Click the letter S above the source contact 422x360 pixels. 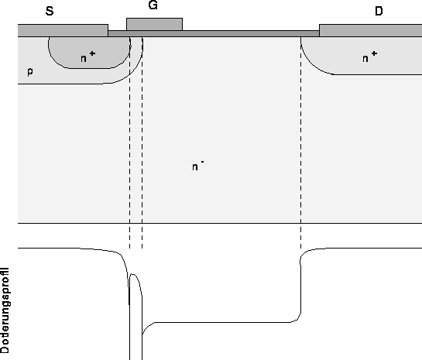tap(50, 12)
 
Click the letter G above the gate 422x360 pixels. tap(153, 5)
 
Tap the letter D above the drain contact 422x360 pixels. tap(379, 12)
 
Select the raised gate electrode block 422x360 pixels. tap(155, 24)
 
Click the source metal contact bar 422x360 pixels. tap(63, 30)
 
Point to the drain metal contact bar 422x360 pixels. tap(371, 30)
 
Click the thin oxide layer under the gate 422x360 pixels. tap(214, 33)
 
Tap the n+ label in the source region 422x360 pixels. tap(87, 57)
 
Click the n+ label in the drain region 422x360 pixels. tap(370, 57)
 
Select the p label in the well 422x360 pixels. tap(30, 72)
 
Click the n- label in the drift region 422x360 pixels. tap(197, 166)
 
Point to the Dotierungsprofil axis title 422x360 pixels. tap(5, 310)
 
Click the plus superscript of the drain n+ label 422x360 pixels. tap(374, 54)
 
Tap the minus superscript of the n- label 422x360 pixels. tap(202, 162)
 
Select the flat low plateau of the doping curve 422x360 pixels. tap(222, 322)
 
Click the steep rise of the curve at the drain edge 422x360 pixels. tap(300, 285)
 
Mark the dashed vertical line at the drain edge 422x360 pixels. tap(301, 142)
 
